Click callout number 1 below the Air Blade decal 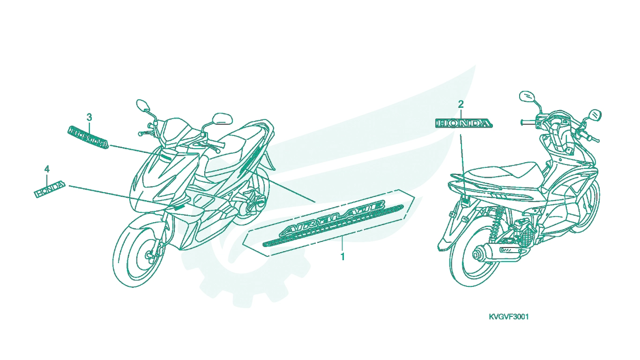342,256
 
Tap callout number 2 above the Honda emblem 461,105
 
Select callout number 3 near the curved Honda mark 89,117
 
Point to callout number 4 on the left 47,169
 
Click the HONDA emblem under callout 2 464,123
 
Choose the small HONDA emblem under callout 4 50,189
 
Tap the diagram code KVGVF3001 509,317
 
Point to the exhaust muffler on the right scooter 500,253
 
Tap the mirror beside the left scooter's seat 222,118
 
